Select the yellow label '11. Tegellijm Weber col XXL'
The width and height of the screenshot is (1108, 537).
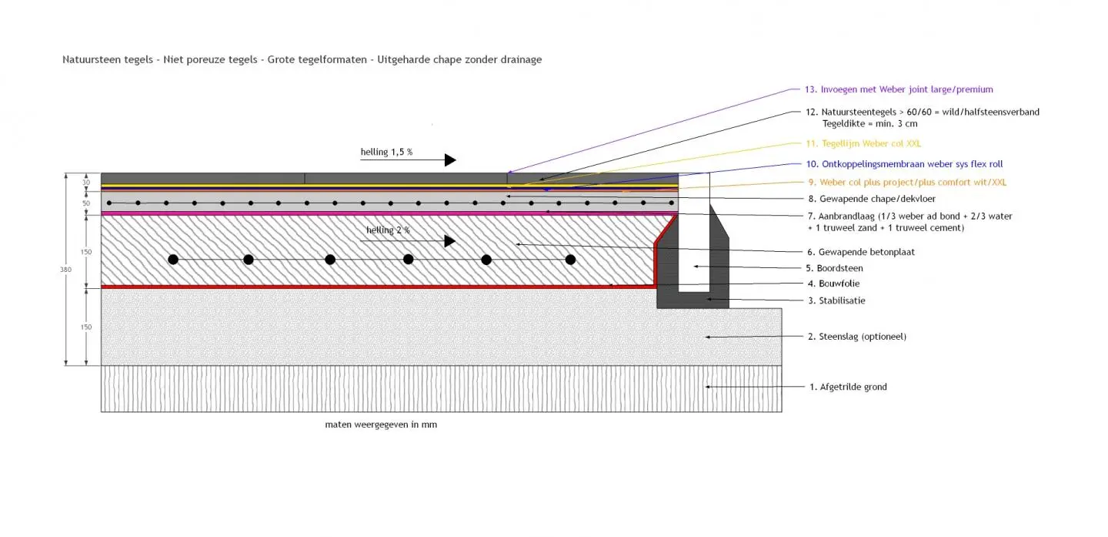(x=863, y=143)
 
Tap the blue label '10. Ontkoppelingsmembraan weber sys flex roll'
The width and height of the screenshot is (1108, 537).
(x=904, y=164)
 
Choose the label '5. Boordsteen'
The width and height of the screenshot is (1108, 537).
(x=835, y=269)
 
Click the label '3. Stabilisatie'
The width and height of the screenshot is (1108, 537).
(x=836, y=300)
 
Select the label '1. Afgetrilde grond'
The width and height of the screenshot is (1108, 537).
(x=847, y=387)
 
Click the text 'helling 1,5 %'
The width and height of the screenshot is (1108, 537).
(x=386, y=152)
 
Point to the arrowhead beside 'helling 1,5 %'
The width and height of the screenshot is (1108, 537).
(x=450, y=160)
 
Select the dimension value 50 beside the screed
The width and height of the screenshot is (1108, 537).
(x=87, y=203)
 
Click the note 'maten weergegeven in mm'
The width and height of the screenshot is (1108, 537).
(x=381, y=425)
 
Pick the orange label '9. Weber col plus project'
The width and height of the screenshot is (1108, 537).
(x=906, y=183)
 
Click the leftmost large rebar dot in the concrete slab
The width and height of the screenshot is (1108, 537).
(x=174, y=260)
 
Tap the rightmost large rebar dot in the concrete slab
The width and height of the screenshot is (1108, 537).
(x=570, y=260)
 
